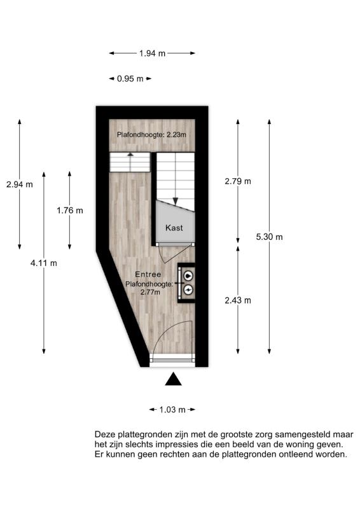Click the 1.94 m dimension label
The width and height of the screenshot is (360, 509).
[152, 53]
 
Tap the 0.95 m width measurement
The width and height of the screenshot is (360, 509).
[130, 78]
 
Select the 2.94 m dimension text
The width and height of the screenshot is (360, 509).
[20, 185]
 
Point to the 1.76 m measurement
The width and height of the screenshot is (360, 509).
[70, 211]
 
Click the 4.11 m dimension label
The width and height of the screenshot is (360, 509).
[43, 263]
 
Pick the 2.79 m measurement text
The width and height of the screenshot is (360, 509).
[238, 181]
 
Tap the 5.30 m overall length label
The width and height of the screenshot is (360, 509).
[269, 237]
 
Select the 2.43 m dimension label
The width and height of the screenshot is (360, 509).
[238, 300]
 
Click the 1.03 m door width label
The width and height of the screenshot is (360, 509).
[172, 410]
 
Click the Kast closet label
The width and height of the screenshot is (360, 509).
[174, 228]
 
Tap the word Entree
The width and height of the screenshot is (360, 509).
[148, 274]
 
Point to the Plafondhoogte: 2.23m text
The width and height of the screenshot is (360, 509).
[151, 134]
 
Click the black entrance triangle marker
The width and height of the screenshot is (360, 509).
[173, 379]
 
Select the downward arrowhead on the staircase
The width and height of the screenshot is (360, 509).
[176, 201]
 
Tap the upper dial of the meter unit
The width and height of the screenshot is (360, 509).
[188, 275]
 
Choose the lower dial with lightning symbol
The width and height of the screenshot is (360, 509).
[188, 289]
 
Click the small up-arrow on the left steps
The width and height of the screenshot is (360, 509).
[130, 155]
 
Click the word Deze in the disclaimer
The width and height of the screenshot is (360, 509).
[105, 435]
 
